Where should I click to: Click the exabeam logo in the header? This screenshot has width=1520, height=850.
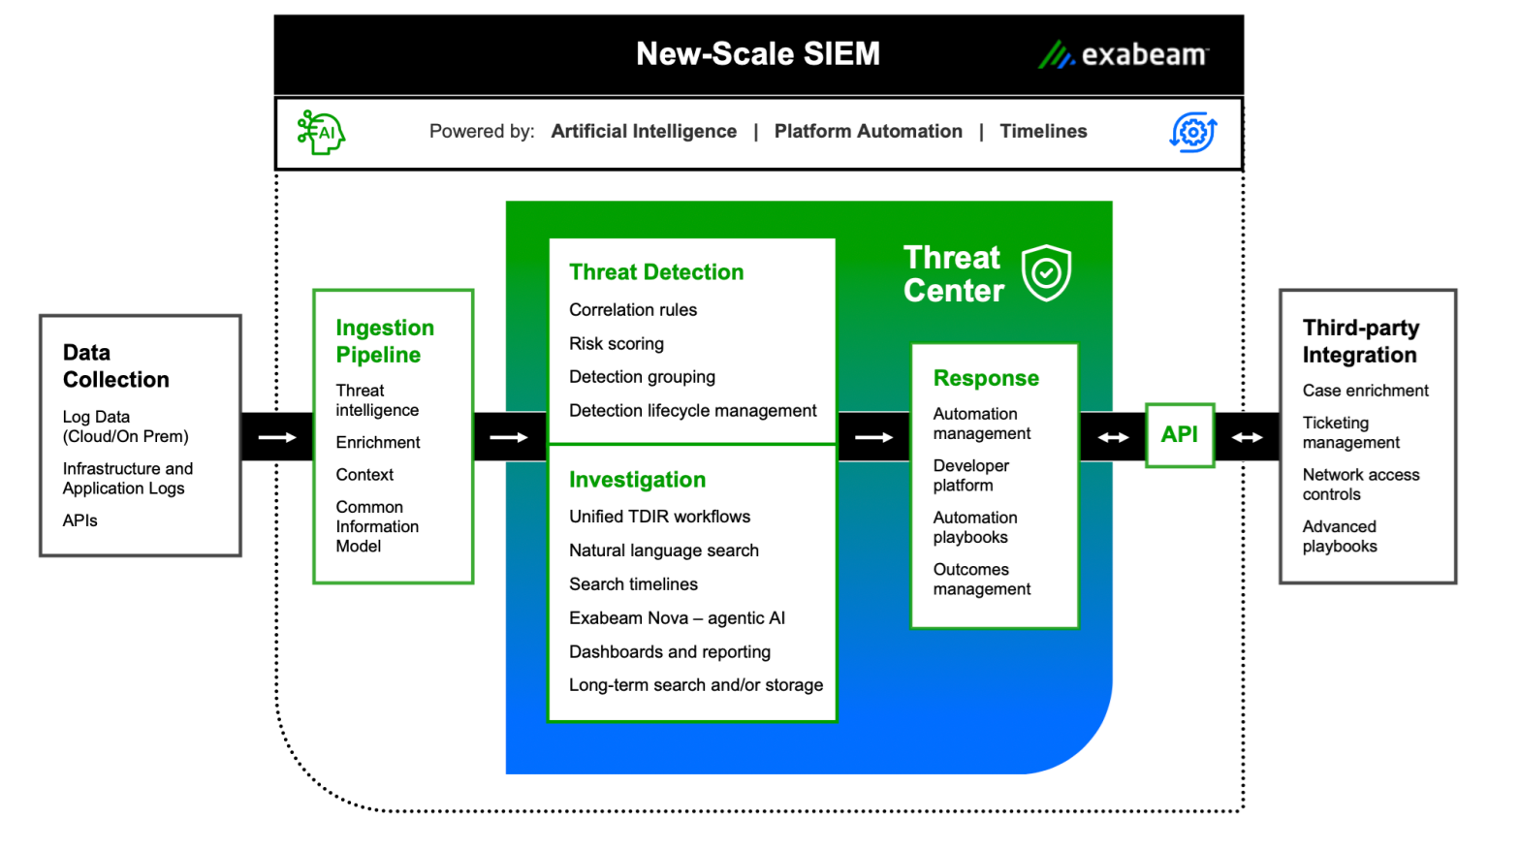coord(1124,55)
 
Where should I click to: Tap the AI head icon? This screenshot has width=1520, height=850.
coord(322,132)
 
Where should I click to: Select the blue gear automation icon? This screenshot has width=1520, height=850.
coord(1193,132)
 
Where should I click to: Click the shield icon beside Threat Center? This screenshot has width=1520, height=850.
coord(1046,273)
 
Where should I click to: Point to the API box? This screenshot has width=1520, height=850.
coord(1180,435)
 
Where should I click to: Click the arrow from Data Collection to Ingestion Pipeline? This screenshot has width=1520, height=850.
coord(277,437)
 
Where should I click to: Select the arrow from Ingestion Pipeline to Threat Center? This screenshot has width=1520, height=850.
coord(509,437)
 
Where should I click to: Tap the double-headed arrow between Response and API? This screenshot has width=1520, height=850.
coord(1113,437)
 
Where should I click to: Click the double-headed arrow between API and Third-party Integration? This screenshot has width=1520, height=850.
coord(1248,437)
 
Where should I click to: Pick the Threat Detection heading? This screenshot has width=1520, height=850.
coord(656,272)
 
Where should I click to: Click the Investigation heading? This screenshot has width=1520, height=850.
coord(637,480)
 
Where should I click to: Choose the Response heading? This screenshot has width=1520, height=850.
coord(986,378)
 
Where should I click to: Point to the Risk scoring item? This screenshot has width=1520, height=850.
coord(617,344)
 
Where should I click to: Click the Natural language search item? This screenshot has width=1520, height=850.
coord(664,551)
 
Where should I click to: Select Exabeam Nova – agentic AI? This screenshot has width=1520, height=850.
coord(677,618)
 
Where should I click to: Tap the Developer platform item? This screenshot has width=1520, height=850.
coord(971,476)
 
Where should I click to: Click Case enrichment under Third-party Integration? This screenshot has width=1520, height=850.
coord(1365,391)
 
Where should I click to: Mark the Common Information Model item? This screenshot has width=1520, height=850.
coord(377,526)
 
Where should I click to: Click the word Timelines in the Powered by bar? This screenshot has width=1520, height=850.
coord(1043,132)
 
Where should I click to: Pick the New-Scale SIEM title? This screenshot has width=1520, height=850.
coord(758,54)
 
